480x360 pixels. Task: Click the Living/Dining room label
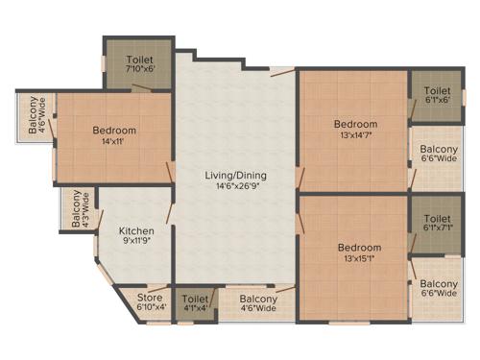click(x=235, y=176)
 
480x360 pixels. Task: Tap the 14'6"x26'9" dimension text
click(x=235, y=188)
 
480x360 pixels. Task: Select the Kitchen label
click(x=136, y=230)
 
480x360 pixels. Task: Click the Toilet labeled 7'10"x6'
click(x=139, y=63)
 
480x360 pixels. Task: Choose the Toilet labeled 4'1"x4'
click(x=195, y=303)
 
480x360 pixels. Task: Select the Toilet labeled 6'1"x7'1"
click(x=439, y=223)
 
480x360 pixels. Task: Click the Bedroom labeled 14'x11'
click(x=114, y=135)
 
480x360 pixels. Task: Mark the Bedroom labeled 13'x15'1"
click(x=355, y=251)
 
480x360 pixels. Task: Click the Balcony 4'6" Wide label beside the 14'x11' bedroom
click(x=34, y=116)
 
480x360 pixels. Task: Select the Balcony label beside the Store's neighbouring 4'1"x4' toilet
click(x=258, y=303)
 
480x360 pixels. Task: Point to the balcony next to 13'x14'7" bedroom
click(x=439, y=156)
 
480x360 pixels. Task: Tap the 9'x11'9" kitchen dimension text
click(x=136, y=243)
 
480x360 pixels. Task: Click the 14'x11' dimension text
click(x=114, y=143)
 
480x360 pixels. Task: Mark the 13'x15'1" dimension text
click(x=355, y=258)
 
